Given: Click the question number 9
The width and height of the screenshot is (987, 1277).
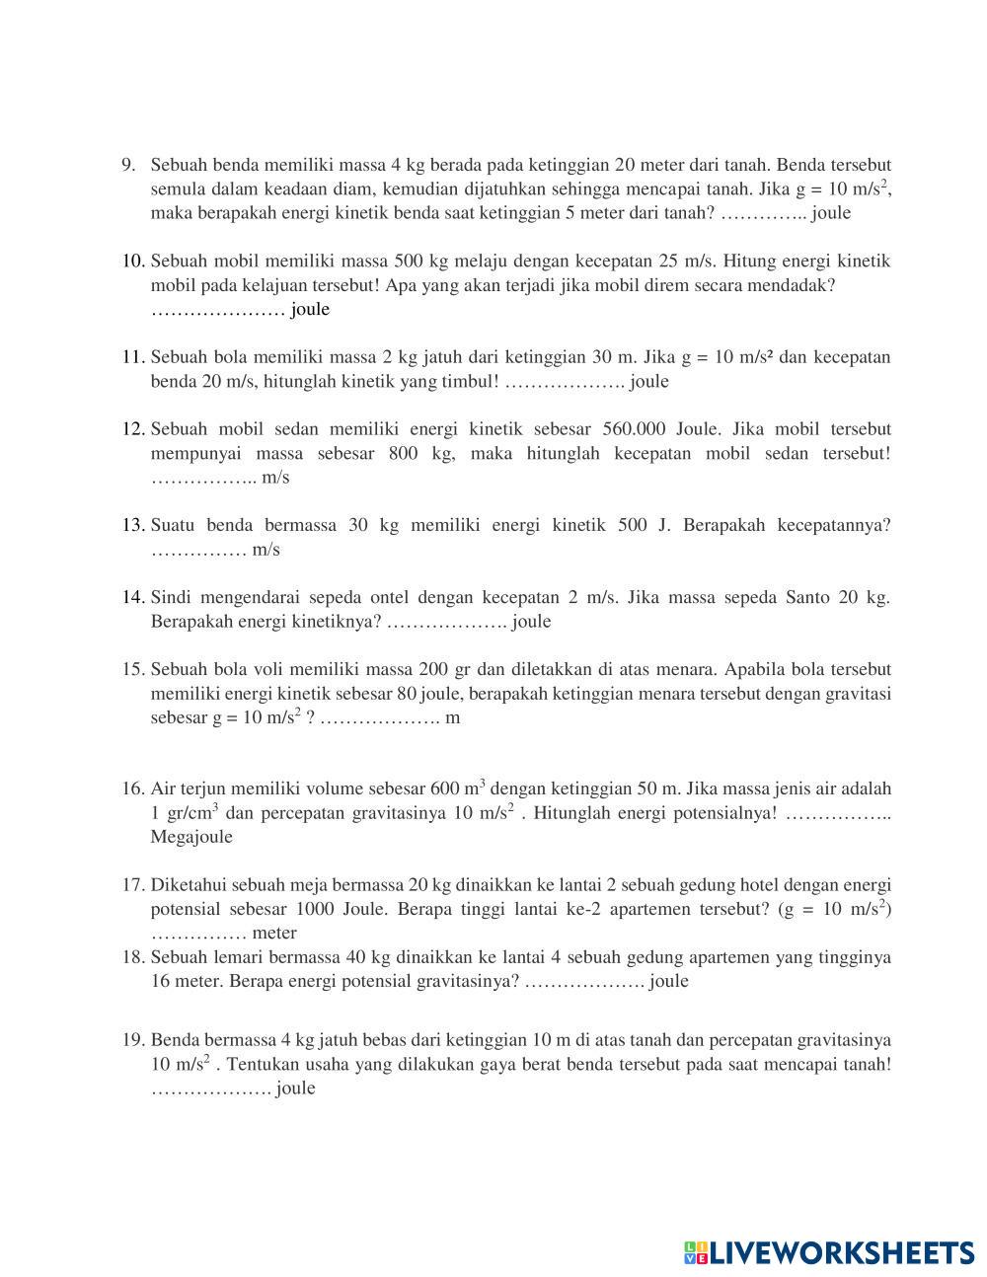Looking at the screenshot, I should point(128,165).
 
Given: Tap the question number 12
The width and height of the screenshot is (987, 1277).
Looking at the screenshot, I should point(134,429).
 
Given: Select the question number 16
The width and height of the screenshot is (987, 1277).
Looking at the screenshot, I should point(134,789).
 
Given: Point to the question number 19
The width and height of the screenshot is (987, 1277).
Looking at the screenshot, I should point(134,1040).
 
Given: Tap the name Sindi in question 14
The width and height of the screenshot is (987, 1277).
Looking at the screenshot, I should point(172,597).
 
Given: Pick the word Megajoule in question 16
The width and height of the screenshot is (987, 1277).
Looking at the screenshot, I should point(191,837).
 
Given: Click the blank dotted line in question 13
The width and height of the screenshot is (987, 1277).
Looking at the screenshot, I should point(198,550).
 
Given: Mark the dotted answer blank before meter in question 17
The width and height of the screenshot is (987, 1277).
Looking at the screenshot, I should point(198,934).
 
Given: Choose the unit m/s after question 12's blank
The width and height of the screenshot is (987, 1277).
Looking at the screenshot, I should point(275,478).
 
